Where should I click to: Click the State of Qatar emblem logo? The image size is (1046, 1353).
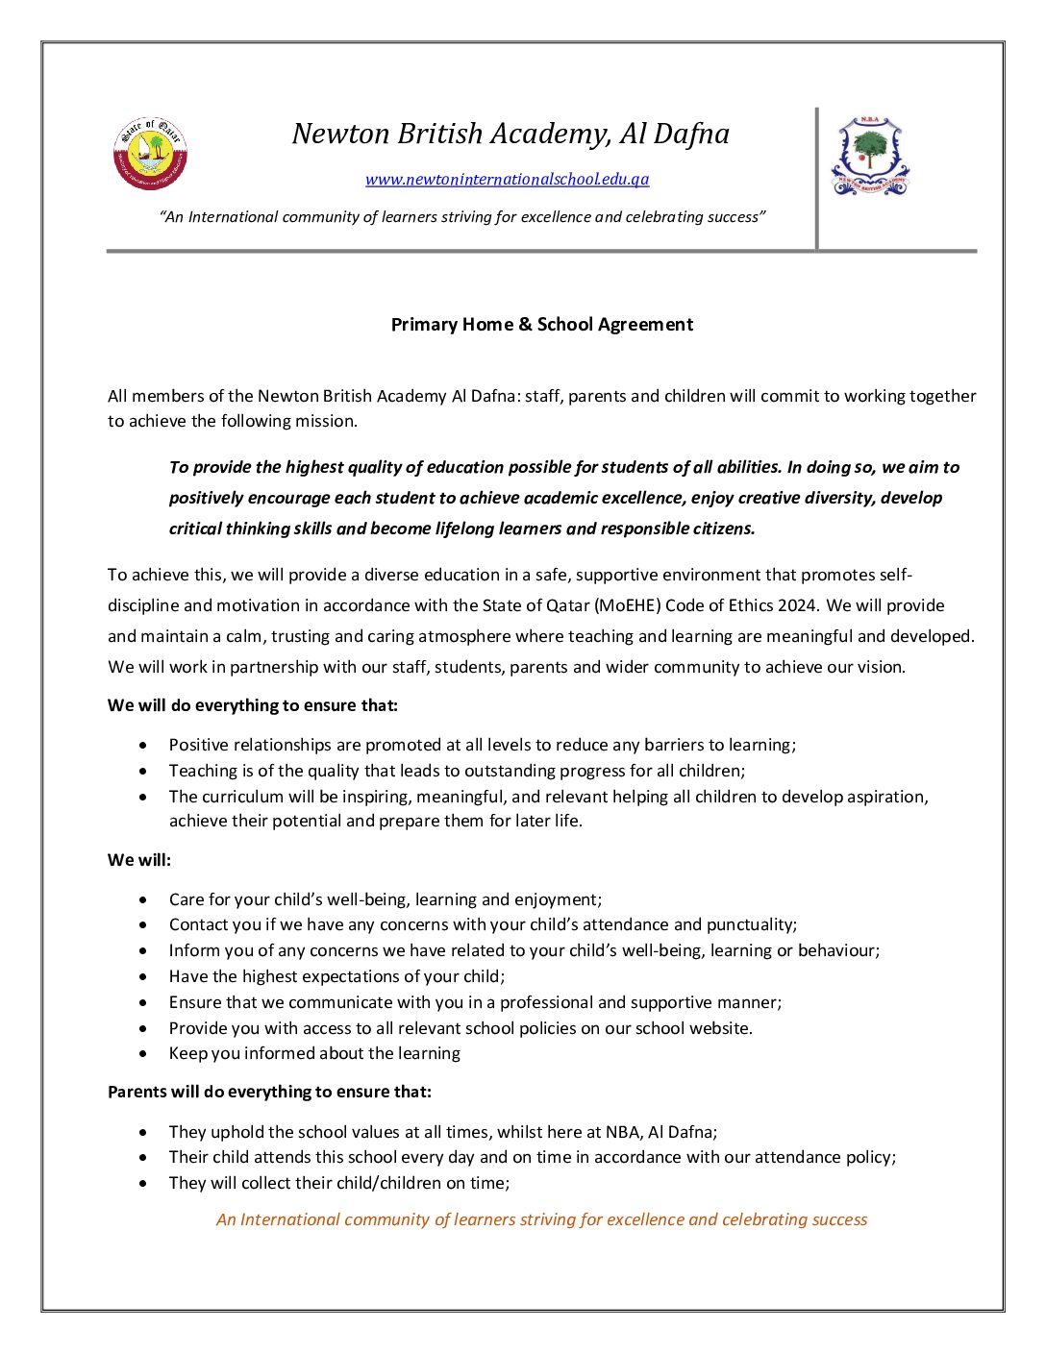click(x=150, y=154)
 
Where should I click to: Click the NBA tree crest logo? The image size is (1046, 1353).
click(x=870, y=156)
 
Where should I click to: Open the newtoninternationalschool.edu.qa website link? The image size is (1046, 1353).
click(x=507, y=180)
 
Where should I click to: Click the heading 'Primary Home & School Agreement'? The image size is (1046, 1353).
click(x=541, y=325)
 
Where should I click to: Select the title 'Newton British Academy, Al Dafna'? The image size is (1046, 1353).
click(x=511, y=134)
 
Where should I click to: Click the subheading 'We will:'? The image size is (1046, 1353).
click(x=139, y=860)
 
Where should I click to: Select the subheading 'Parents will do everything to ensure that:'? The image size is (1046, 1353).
click(x=269, y=1092)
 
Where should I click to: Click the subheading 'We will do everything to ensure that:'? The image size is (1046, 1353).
click(x=253, y=705)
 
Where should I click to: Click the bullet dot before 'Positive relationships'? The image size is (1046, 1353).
click(x=143, y=745)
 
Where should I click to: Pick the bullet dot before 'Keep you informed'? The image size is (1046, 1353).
click(x=143, y=1053)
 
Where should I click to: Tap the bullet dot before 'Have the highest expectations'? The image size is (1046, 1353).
click(x=143, y=976)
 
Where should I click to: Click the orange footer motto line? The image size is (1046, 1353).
click(x=541, y=1219)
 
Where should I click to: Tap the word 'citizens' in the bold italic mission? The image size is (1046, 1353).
click(x=722, y=529)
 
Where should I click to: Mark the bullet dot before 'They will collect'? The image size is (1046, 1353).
click(x=143, y=1183)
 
